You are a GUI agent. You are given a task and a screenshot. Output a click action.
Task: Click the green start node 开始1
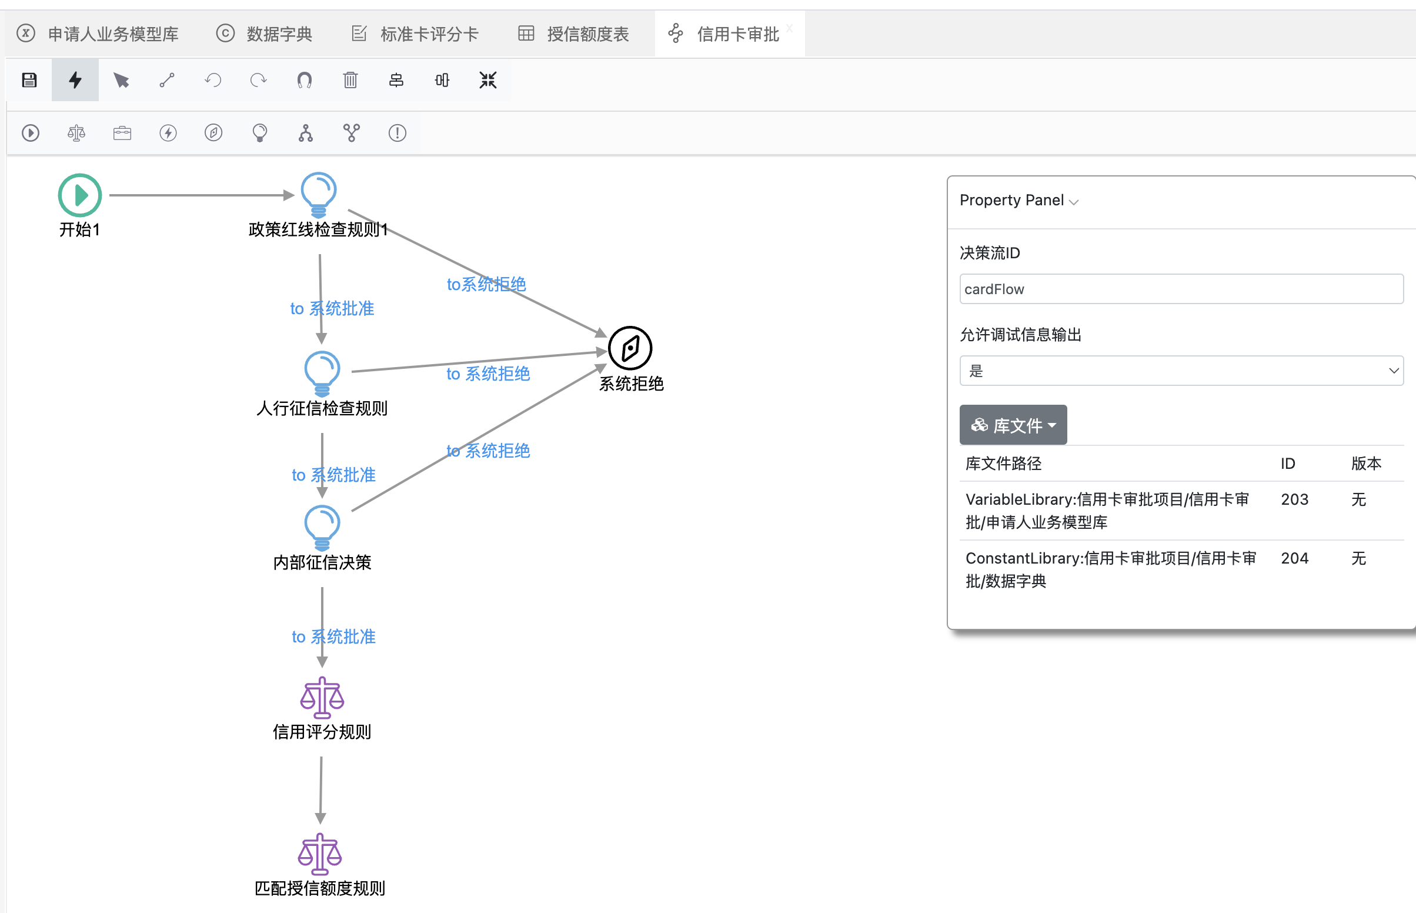pos(80,195)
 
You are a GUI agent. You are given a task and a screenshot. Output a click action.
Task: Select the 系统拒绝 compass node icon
pos(630,348)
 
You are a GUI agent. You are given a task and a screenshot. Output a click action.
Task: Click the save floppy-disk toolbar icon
pos(29,80)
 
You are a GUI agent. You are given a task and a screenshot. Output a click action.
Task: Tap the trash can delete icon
pos(350,80)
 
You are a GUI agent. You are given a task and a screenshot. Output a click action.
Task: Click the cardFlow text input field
pos(1181,289)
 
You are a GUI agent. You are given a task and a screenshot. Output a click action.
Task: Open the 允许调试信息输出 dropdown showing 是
pos(1181,371)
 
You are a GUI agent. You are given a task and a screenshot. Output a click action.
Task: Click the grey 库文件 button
pos(1013,425)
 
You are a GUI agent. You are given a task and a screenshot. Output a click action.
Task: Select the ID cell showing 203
pos(1294,499)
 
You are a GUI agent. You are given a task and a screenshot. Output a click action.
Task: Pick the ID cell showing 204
pos(1294,558)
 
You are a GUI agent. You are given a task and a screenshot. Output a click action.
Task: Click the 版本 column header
pos(1366,463)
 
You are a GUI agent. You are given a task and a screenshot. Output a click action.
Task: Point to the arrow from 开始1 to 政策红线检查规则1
pos(202,195)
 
